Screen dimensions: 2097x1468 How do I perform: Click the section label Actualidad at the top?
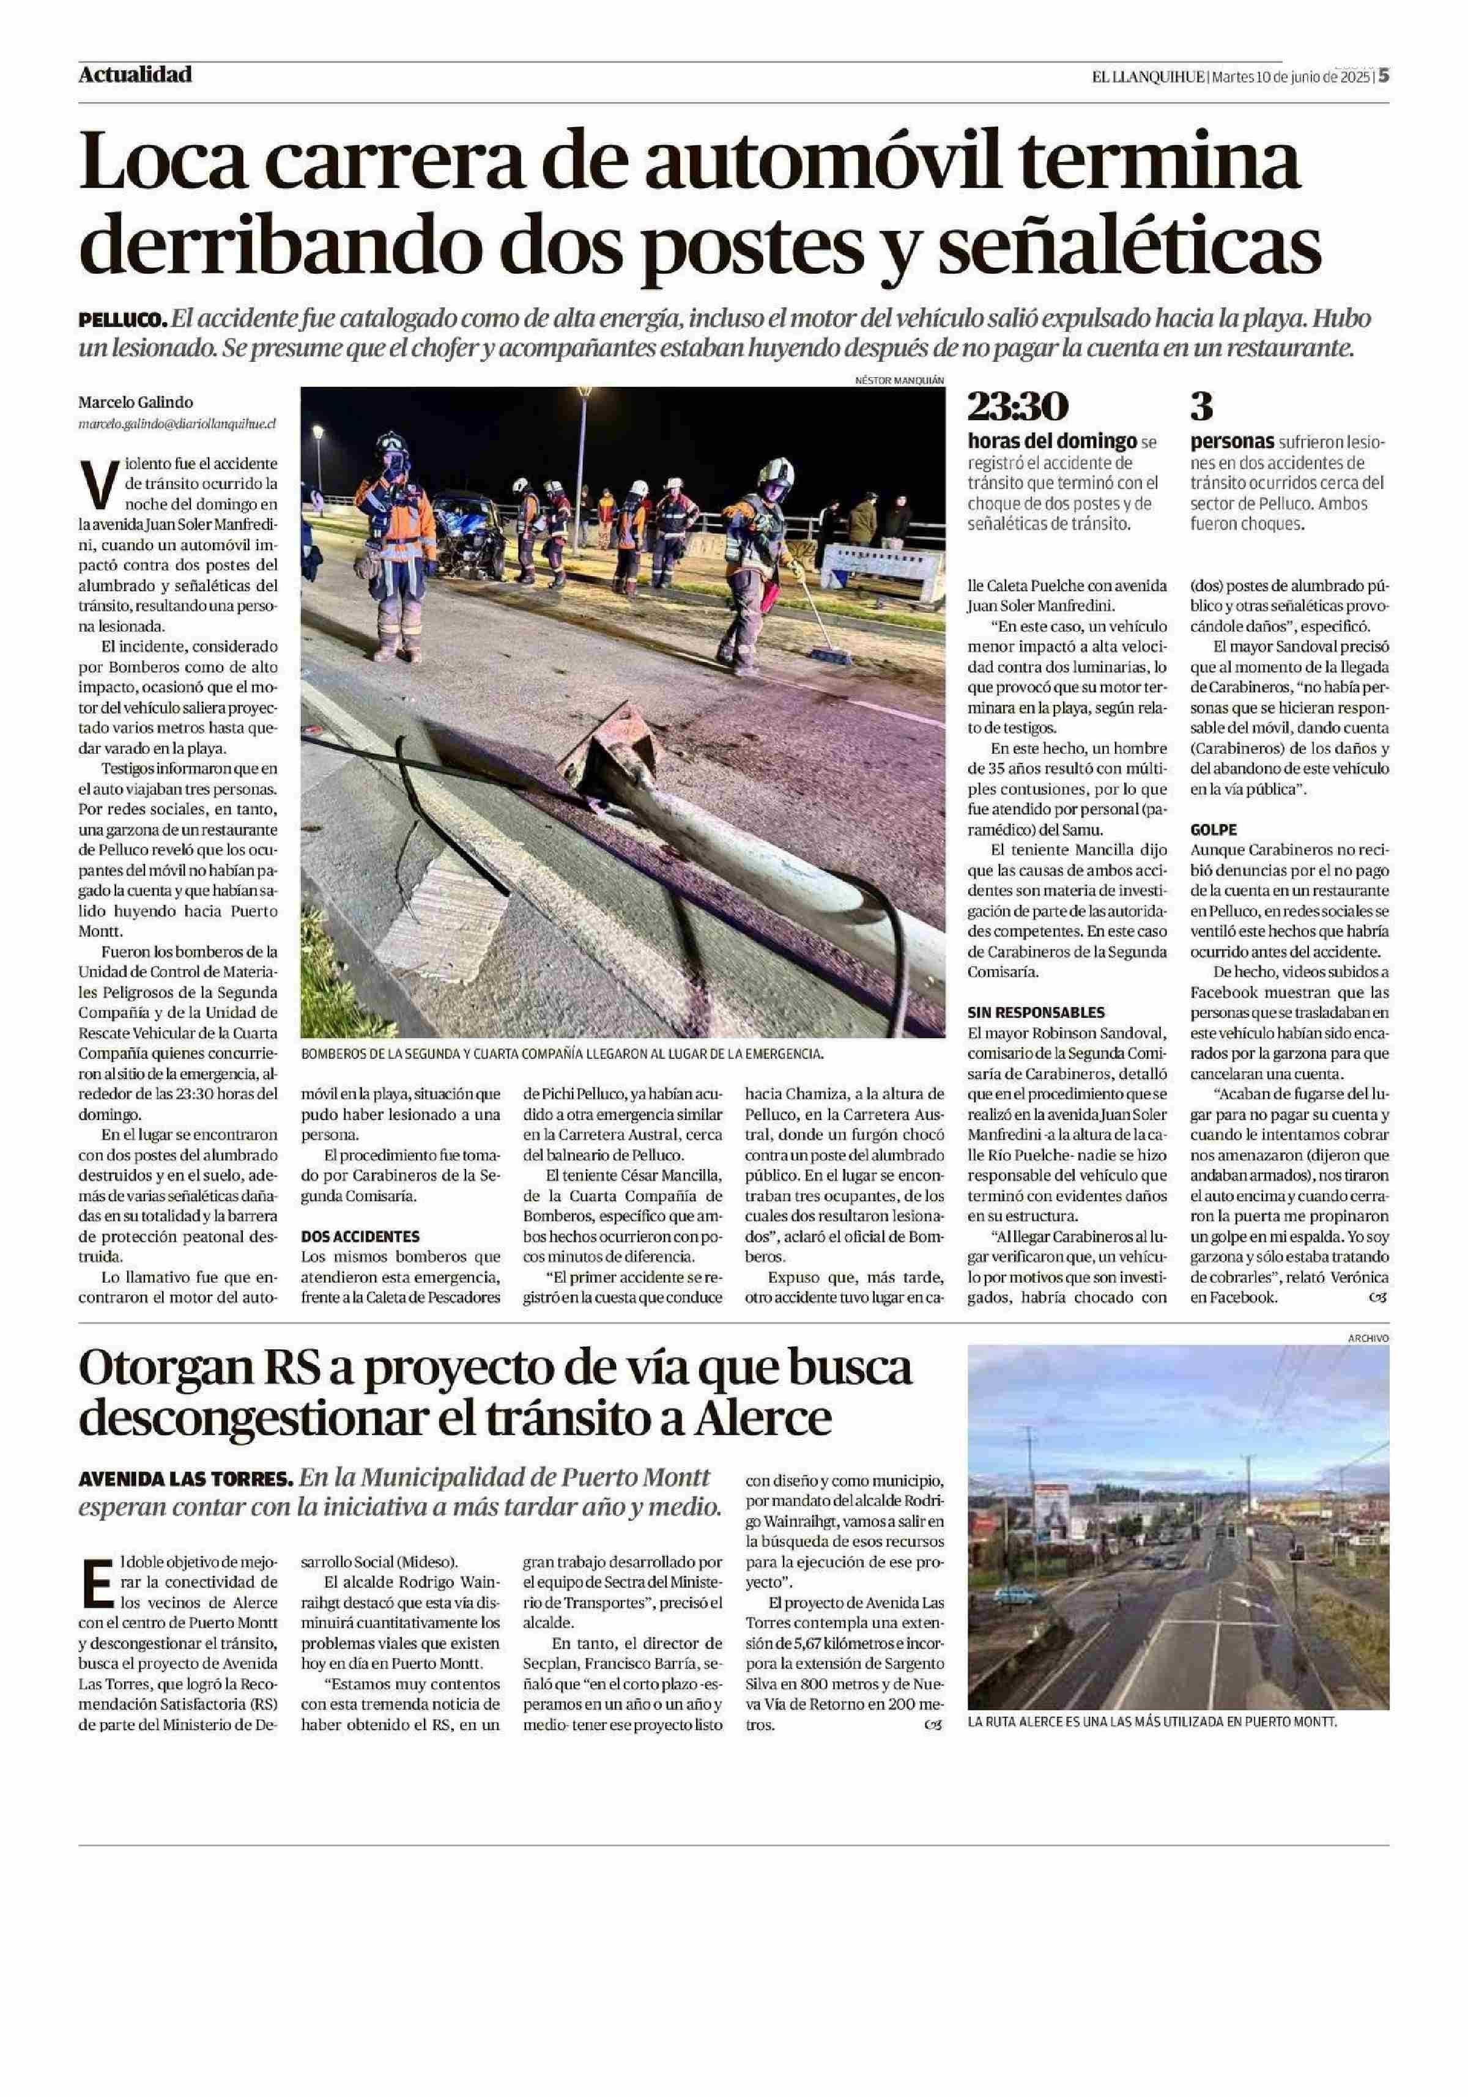(x=135, y=75)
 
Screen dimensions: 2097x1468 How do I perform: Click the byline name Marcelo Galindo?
(x=135, y=402)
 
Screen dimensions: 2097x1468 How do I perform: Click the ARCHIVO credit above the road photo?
(x=1368, y=1338)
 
